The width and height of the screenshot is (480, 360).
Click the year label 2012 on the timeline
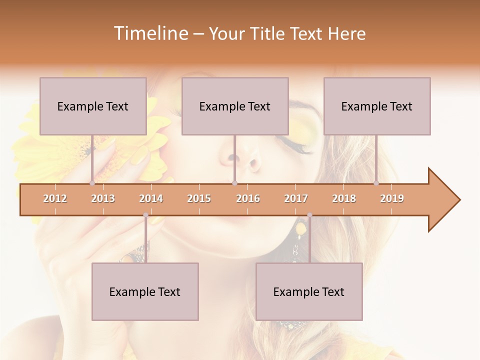click(55, 198)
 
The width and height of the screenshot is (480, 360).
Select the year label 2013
click(103, 198)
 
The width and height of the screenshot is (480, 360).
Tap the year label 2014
click(151, 198)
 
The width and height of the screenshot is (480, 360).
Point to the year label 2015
click(199, 198)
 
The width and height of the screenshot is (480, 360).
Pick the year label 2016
click(248, 198)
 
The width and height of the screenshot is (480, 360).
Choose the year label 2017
click(296, 198)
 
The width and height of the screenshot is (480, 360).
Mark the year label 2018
click(344, 198)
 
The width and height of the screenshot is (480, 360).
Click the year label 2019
click(392, 198)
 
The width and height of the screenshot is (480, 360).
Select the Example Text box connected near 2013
click(93, 106)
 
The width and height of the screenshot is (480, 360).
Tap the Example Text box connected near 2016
click(235, 106)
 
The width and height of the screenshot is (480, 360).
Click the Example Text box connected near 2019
click(377, 106)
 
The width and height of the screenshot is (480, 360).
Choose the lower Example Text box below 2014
click(145, 291)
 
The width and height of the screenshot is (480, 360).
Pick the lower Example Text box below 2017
click(309, 291)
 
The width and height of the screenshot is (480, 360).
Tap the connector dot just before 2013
click(92, 183)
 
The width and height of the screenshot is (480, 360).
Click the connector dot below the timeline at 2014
click(145, 215)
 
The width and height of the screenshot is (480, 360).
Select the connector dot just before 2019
click(376, 183)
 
